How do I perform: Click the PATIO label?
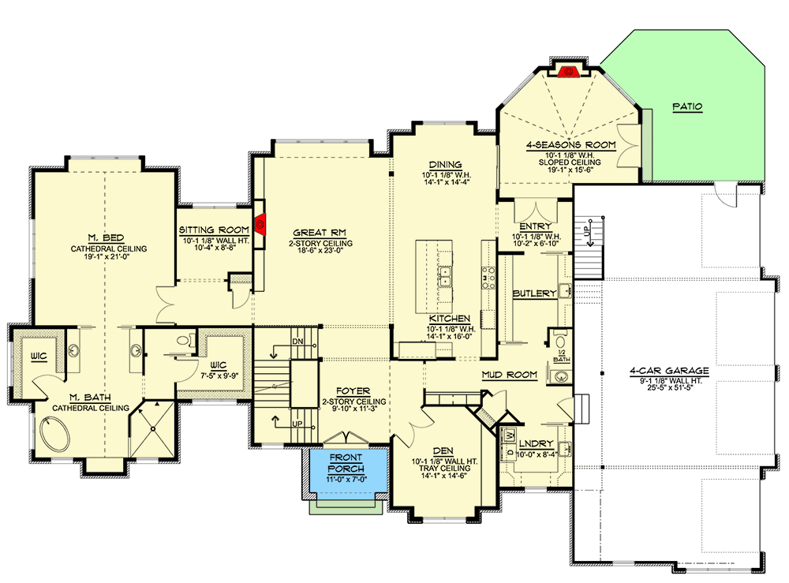[x=686, y=107]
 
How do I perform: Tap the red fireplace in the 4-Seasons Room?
[x=566, y=73]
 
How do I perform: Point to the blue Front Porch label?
[x=347, y=464]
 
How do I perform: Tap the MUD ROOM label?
[x=509, y=375]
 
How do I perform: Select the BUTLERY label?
[x=534, y=293]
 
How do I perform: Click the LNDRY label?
[x=537, y=443]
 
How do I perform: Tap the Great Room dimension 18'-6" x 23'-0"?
[x=322, y=254]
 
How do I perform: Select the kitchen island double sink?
[x=445, y=275]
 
